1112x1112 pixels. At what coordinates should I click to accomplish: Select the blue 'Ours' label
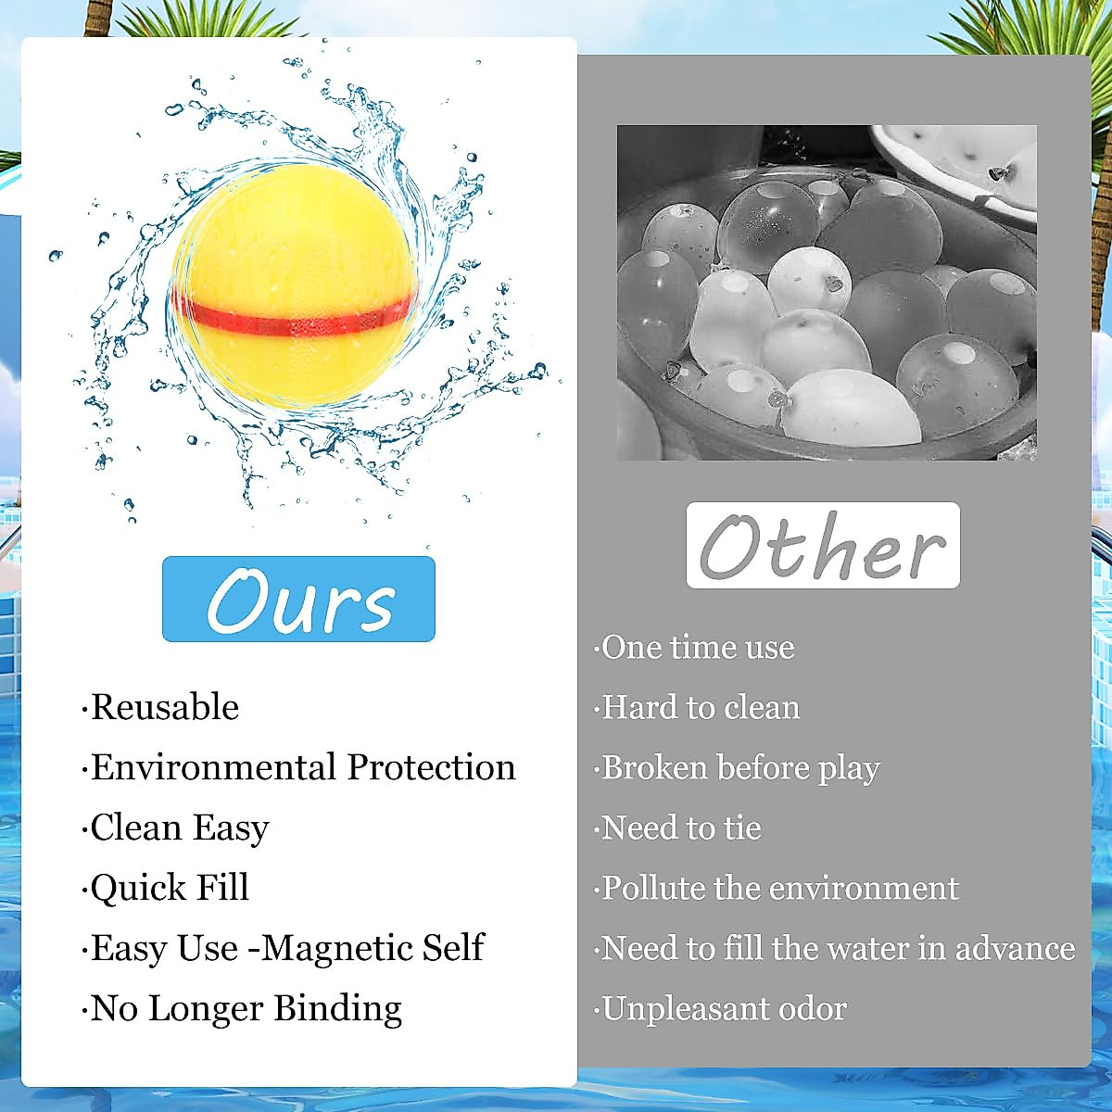tap(298, 600)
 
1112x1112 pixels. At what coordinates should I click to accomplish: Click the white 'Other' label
tap(823, 546)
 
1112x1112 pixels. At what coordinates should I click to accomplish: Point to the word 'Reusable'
tap(165, 708)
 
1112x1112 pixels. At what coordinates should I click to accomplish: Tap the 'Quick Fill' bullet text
tap(170, 888)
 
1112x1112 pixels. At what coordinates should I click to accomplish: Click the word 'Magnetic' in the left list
tap(337, 948)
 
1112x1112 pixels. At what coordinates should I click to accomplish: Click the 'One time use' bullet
tap(698, 648)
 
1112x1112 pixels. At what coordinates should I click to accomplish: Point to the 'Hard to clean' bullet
tap(701, 708)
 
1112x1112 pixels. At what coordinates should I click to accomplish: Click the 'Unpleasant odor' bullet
tap(724, 1008)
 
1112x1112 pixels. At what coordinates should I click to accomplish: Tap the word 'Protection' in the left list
tap(431, 767)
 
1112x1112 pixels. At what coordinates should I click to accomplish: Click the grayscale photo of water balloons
tap(827, 292)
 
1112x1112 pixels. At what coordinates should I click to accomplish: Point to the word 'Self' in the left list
tap(453, 948)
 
